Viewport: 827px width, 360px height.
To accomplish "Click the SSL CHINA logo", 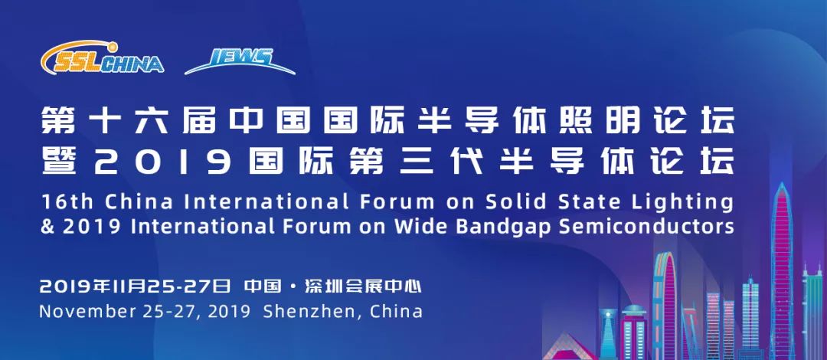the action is (x=103, y=57).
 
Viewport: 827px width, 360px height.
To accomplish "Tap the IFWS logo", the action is (x=240, y=61).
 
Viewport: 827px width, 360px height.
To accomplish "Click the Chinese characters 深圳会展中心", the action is (x=364, y=287).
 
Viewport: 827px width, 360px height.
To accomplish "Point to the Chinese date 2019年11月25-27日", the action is (x=136, y=287).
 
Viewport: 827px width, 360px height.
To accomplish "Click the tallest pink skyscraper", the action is (x=782, y=269).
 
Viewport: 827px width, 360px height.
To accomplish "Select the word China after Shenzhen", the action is (x=396, y=312).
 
